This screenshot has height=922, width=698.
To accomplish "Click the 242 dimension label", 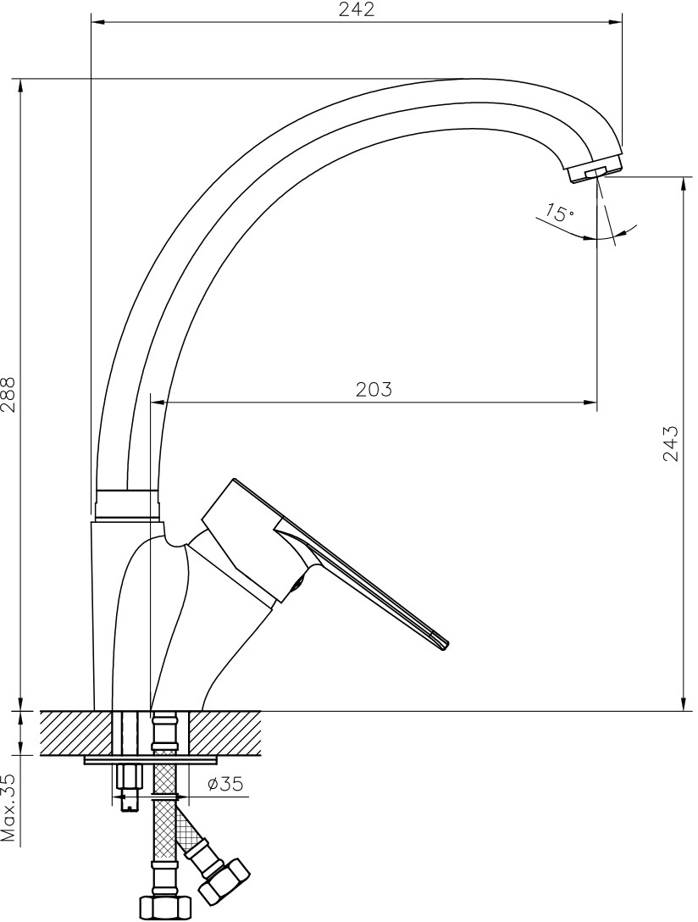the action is pos(357,9).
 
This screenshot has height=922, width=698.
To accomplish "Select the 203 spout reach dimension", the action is pos(374,389).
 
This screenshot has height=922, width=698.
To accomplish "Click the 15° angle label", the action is pos(557,212).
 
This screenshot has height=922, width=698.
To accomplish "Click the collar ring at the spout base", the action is pos(127,504).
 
